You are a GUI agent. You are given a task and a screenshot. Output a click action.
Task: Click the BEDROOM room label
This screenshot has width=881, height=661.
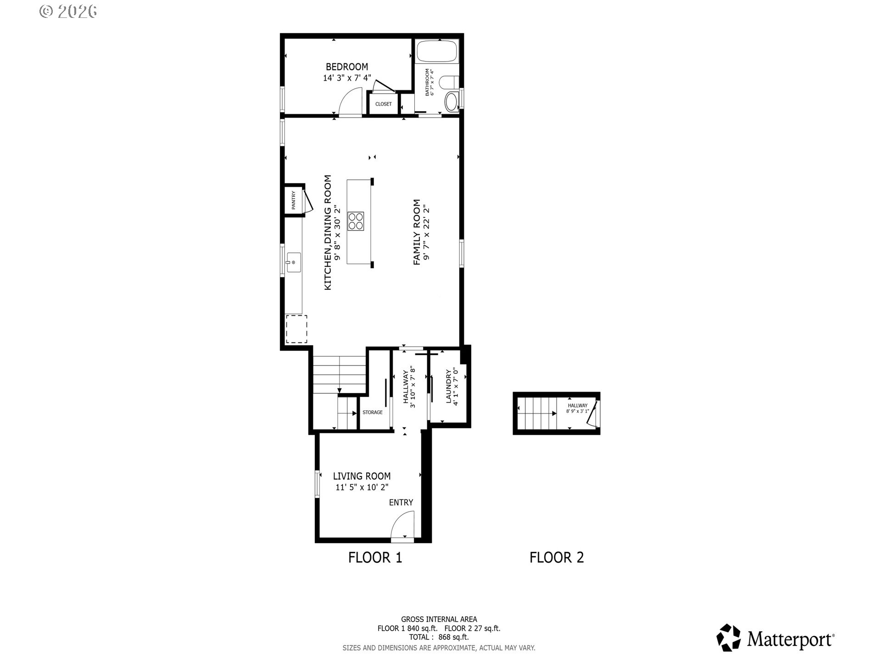tap(346, 67)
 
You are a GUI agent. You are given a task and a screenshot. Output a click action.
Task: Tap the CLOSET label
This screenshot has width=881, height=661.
tap(384, 104)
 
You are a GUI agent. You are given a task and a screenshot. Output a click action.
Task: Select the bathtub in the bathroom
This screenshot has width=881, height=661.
tap(437, 51)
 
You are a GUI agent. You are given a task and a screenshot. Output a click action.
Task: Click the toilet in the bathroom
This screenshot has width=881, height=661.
tap(448, 83)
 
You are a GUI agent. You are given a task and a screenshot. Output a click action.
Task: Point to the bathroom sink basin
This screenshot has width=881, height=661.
tap(451, 102)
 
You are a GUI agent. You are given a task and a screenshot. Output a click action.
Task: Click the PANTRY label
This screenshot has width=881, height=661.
tap(293, 200)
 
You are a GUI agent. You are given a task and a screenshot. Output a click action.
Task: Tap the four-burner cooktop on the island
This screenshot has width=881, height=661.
tap(356, 220)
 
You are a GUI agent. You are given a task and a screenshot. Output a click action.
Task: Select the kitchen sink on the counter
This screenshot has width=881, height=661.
tap(293, 263)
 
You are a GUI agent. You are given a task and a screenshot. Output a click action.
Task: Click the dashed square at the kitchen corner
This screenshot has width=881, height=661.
tap(296, 329)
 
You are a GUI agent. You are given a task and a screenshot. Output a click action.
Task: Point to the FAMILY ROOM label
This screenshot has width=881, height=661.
tap(417, 232)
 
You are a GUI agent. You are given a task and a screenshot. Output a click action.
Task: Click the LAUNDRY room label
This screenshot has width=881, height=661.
tap(449, 387)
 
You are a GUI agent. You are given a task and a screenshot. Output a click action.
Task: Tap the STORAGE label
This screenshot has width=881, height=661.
tap(372, 413)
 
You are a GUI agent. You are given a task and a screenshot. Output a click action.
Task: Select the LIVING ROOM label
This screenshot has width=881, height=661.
tap(362, 476)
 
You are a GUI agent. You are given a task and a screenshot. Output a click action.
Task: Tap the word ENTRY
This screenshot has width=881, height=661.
tap(401, 503)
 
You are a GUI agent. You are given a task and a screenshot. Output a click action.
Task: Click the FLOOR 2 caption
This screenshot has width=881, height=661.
tap(556, 558)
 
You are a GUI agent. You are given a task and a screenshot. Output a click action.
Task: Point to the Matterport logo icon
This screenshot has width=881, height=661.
tap(728, 638)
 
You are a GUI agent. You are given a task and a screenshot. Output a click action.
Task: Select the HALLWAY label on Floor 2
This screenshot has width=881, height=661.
tap(577, 406)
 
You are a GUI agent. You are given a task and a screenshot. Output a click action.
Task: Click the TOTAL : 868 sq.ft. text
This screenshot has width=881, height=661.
tap(439, 637)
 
